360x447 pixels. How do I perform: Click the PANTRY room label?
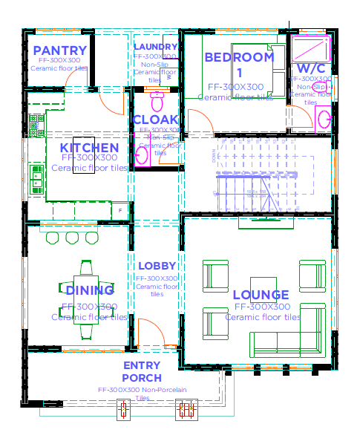point(60,51)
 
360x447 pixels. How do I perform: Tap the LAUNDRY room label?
point(156,47)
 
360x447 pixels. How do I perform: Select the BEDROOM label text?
point(239,57)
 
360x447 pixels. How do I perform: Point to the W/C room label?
point(311,68)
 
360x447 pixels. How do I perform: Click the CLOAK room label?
point(155,120)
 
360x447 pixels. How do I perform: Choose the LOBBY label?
point(157,266)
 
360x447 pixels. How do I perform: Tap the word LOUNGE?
point(261,295)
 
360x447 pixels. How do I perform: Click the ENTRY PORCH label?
point(142,371)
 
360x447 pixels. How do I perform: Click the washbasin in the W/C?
point(324,118)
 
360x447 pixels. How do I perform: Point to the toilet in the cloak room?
point(157,100)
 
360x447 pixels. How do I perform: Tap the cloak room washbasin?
point(142,155)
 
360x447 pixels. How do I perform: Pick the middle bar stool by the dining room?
point(72,237)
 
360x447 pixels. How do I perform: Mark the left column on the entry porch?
point(124,409)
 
